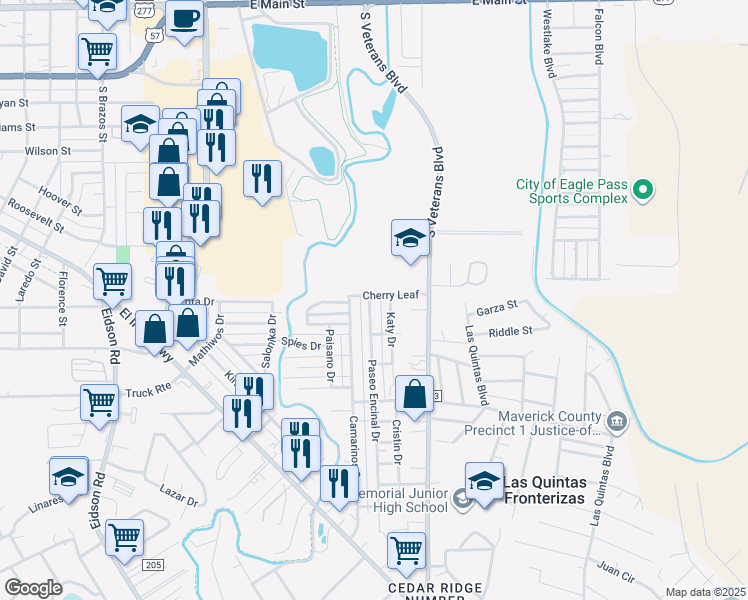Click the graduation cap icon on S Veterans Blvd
[x=408, y=239]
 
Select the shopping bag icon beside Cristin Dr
[x=414, y=395]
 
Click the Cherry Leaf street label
[x=389, y=296]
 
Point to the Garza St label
[x=496, y=307]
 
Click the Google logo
[x=33, y=588]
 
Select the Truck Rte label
[x=148, y=391]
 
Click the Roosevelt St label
[x=35, y=213]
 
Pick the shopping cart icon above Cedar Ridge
[x=406, y=549]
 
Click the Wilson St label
[x=42, y=151]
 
